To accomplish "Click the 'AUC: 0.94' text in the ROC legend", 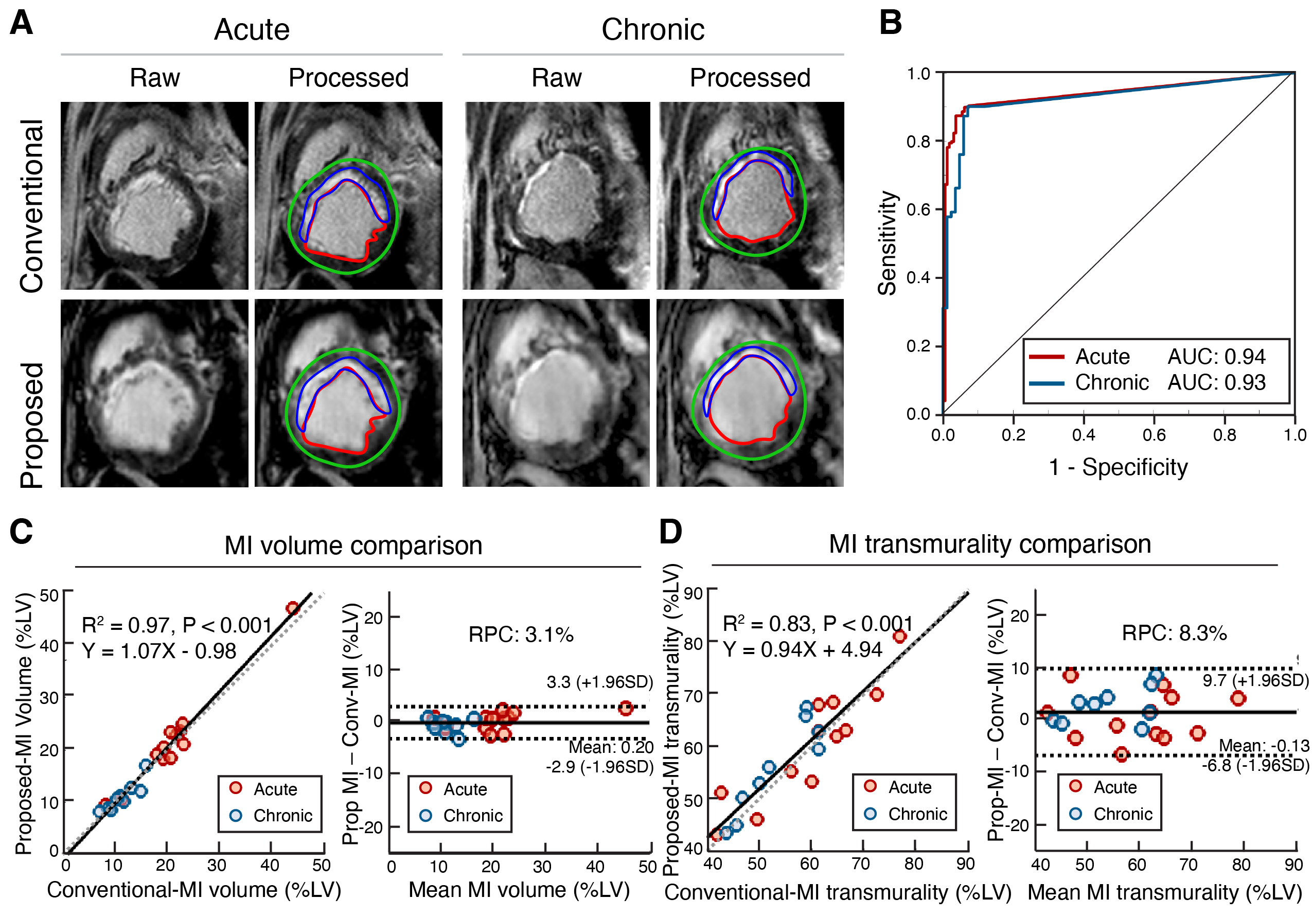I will point(1216,357).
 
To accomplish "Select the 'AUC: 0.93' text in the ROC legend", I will point(1216,382).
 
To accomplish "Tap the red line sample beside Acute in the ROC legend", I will point(1047,357).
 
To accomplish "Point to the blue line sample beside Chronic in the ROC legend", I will point(1047,383).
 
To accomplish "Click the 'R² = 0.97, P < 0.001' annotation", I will point(176,625).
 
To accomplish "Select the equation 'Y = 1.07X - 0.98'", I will point(159,651).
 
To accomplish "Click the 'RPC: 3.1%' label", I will point(521,635).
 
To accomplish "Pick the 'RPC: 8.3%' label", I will point(1174,633).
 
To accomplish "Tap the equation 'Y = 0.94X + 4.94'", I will point(802,650).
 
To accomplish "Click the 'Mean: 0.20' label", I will point(611,747).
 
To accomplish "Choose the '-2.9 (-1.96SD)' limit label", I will point(599,766).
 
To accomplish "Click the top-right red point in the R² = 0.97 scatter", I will point(293,608).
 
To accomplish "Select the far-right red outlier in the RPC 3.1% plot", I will point(626,709).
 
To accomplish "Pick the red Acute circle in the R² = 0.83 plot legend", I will point(870,786).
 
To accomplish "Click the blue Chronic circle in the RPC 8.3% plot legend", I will point(1075,813).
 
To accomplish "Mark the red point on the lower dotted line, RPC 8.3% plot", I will point(1121,755).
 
